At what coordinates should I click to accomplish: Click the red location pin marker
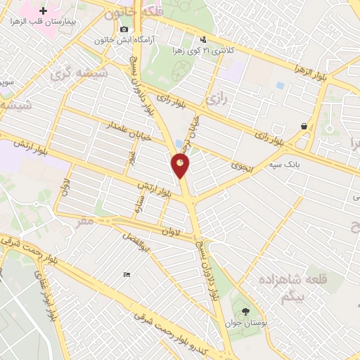click(x=181, y=166)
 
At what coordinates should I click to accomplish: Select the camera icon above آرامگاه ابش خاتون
click(x=124, y=29)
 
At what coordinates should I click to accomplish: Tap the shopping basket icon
click(x=304, y=127)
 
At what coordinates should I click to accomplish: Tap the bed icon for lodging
click(x=127, y=274)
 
